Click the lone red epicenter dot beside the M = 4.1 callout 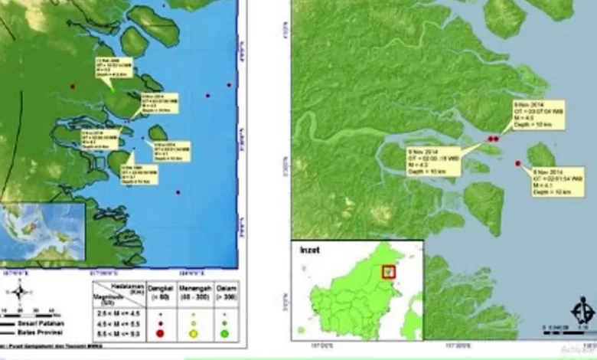tap(518, 164)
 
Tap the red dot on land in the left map tap(73, 87)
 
